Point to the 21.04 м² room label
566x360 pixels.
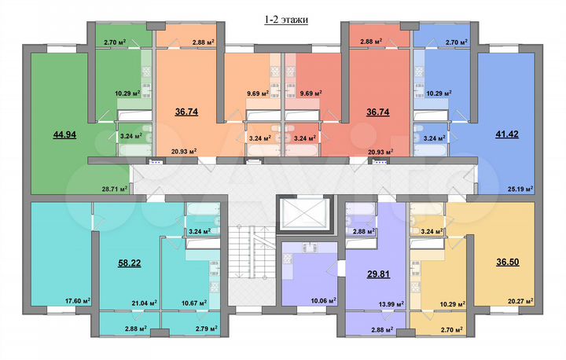(143, 301)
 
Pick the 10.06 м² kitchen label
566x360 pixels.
(323, 299)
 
